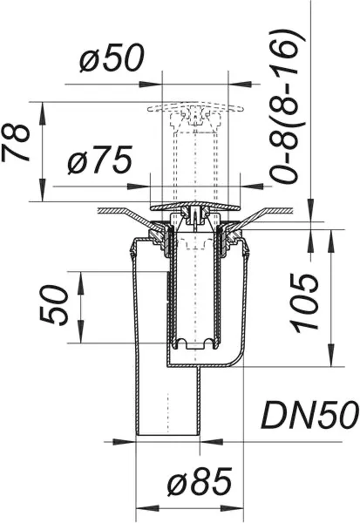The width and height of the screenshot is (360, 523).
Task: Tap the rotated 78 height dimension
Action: point(22,142)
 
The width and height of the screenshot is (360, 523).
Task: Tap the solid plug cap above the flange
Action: point(193,206)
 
